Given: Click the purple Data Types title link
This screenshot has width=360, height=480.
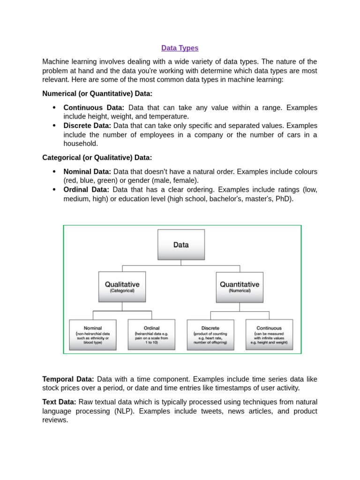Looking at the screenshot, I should point(180,48).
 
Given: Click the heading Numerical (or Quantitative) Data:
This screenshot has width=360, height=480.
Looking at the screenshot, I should point(97,94).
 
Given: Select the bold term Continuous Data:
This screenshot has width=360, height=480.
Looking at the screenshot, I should point(94,108).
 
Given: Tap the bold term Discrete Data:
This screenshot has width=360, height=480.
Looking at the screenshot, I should point(87,126).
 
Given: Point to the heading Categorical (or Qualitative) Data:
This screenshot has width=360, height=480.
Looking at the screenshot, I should point(97,158).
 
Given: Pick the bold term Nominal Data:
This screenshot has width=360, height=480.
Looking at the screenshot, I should point(87,172).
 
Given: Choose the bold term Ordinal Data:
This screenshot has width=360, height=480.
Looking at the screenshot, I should point(86,190).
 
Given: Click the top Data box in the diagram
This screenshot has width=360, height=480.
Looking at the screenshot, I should point(181,244).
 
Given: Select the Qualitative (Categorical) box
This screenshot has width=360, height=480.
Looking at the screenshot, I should point(122,286).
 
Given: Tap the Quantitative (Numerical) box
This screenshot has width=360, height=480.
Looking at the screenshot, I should point(240,286).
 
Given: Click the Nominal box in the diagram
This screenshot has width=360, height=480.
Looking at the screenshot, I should point(93,335).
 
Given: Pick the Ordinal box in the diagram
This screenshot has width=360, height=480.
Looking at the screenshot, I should point(151,335).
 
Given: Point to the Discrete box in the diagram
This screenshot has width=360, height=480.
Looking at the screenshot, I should point(210,335).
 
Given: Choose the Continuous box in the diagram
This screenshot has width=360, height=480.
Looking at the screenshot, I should point(269,335).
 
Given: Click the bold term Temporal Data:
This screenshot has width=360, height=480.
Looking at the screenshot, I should point(68,379).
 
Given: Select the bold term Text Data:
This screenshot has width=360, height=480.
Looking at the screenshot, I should point(59,402).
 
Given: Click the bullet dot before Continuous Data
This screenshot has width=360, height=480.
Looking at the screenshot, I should point(54,107).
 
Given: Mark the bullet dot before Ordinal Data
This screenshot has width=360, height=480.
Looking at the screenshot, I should point(54,189).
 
